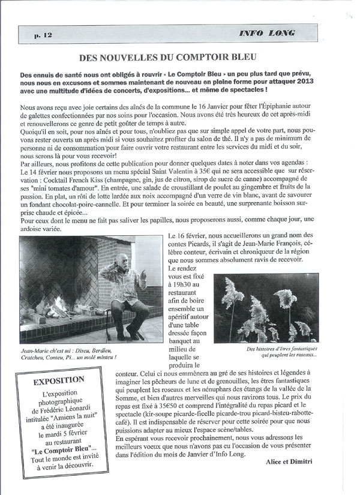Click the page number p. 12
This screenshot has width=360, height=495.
coord(43,35)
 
